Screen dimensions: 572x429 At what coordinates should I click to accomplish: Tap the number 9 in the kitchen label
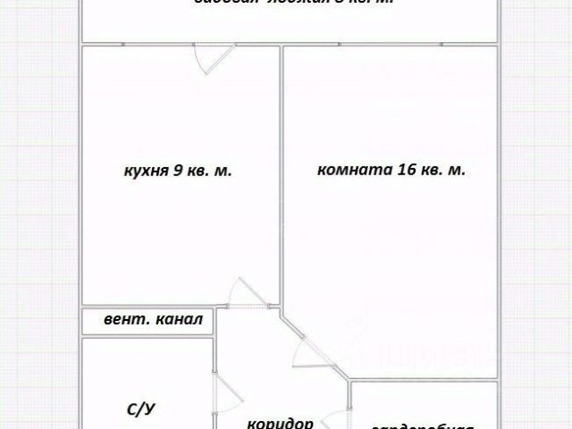click(179, 170)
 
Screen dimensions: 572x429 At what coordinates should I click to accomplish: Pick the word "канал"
click(180, 320)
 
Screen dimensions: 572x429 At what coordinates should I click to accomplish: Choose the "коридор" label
click(281, 424)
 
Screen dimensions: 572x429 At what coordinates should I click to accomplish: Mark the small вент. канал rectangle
click(147, 320)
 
